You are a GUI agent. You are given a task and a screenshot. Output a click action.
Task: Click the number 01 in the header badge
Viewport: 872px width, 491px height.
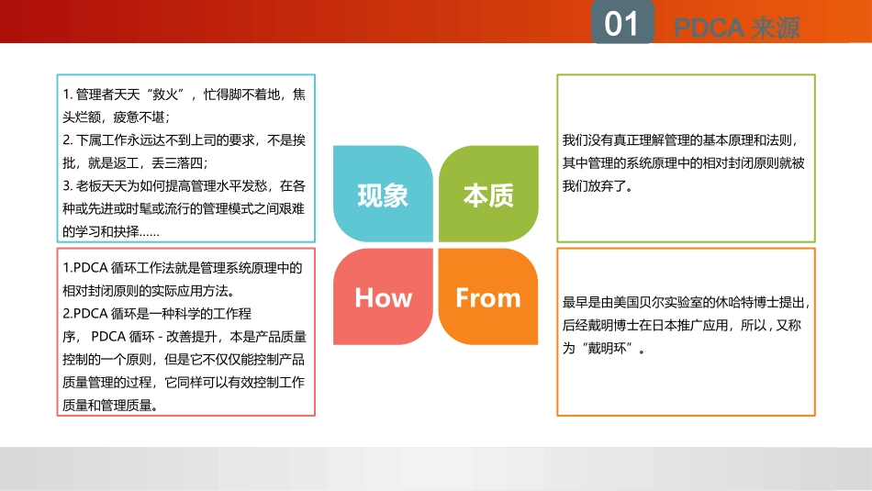[621, 24]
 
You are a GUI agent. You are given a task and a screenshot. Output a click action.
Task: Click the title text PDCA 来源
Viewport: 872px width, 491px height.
[737, 28]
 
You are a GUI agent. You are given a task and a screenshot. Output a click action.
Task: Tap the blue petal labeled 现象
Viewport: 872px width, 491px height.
[383, 194]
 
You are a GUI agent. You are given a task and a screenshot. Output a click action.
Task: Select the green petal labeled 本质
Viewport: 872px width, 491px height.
[488, 194]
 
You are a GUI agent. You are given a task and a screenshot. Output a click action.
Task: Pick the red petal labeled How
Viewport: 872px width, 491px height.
[383, 296]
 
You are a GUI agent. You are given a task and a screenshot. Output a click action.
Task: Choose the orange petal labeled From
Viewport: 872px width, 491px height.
[488, 296]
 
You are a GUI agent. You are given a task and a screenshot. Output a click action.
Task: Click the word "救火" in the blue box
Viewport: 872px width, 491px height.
[165, 94]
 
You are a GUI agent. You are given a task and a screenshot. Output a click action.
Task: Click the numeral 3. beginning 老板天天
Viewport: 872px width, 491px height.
[67, 185]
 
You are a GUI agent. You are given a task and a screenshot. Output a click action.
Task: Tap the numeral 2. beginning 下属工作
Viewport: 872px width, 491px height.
[67, 140]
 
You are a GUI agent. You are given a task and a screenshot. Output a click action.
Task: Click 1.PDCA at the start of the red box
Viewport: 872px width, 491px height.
[85, 268]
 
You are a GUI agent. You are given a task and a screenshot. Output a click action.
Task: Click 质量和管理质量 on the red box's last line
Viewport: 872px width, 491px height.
[106, 406]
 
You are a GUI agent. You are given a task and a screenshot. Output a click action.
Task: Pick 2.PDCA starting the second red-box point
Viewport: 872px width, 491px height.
[85, 314]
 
